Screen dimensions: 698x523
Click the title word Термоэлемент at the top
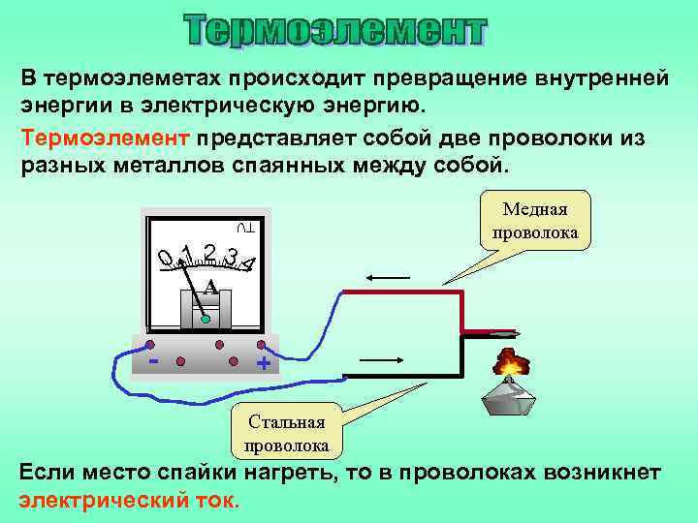click(x=334, y=31)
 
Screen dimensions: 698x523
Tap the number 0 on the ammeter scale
click(x=167, y=258)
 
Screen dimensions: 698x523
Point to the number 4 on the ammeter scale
click(x=250, y=263)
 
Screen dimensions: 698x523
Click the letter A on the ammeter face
click(x=208, y=287)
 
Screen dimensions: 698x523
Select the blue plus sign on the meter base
click(x=262, y=364)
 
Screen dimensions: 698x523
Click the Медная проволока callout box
click(x=534, y=221)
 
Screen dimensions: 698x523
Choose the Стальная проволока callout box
click(x=287, y=432)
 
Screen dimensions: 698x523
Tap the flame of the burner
click(x=510, y=363)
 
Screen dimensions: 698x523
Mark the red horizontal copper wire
click(x=397, y=291)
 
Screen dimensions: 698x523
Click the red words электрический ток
click(x=128, y=502)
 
